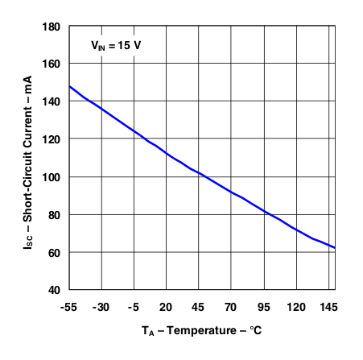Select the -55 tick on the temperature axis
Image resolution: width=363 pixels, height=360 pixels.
click(x=69, y=307)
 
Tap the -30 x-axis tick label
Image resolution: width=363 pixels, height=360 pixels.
click(x=101, y=307)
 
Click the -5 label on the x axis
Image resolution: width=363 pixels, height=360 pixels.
click(x=134, y=307)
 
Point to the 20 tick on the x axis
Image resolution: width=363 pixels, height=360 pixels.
click(x=166, y=307)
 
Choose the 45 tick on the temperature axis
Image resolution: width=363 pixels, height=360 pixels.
click(x=198, y=307)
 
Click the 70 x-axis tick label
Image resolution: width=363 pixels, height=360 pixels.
click(x=230, y=307)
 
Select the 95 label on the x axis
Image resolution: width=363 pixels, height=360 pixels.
click(x=263, y=307)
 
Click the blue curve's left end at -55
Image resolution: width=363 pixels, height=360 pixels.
click(x=70, y=86)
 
